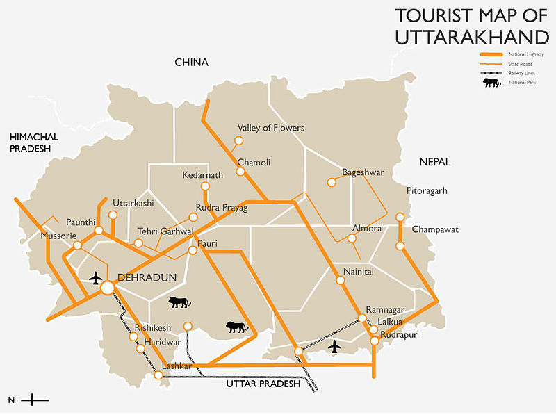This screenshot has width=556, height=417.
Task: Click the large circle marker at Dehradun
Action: [x=107, y=287]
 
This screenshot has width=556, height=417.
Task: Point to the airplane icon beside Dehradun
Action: [x=96, y=278]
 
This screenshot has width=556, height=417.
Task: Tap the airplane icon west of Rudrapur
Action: [x=335, y=346]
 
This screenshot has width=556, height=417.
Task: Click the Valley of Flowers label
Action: [x=270, y=128]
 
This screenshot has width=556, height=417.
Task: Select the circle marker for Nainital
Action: [x=340, y=281]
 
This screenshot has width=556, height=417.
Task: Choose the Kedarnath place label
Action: [x=202, y=175]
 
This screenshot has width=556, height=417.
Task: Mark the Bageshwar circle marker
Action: [x=332, y=183]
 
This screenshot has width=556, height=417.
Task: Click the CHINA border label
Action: [x=191, y=63]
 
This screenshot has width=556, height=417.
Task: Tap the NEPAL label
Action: [x=435, y=162]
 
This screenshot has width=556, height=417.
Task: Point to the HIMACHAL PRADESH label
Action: [x=33, y=143]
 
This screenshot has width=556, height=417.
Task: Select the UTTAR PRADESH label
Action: [x=263, y=384]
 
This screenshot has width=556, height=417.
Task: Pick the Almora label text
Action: [x=368, y=228]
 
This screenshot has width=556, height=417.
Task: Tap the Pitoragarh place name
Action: [x=427, y=190]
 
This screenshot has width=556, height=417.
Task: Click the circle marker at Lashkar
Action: [x=159, y=375]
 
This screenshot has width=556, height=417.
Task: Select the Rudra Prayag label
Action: [x=222, y=208]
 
